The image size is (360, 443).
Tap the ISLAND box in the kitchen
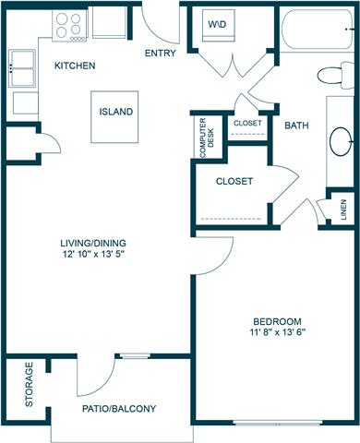[x=116, y=112]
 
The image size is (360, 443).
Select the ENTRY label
[x=162, y=53]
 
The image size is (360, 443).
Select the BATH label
[x=296, y=125]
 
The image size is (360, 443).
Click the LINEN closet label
[x=343, y=210]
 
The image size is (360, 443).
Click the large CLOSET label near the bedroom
[x=234, y=181]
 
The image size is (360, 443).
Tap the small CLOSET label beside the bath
[x=246, y=123]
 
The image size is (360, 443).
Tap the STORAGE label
[x=30, y=386]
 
